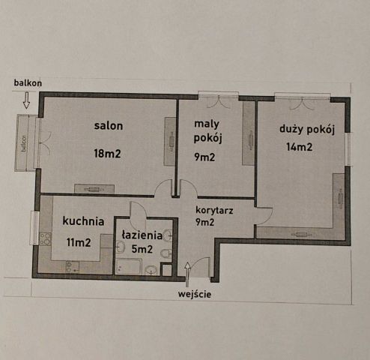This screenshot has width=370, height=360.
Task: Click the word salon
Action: coord(108,125)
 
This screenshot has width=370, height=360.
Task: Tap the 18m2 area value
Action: coord(108,154)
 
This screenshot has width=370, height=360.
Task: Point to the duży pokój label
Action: coord(306,129)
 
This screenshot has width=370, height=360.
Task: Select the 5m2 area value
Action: coord(142,248)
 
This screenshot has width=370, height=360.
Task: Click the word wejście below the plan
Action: coord(195,294)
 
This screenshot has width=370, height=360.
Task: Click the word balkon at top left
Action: coord(27,82)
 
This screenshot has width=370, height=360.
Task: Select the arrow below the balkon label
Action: coord(27,100)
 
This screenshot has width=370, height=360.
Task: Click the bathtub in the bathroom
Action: coord(130,267)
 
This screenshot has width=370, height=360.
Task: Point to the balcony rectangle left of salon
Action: coord(25,143)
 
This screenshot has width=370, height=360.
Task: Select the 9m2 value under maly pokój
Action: coord(206,157)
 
